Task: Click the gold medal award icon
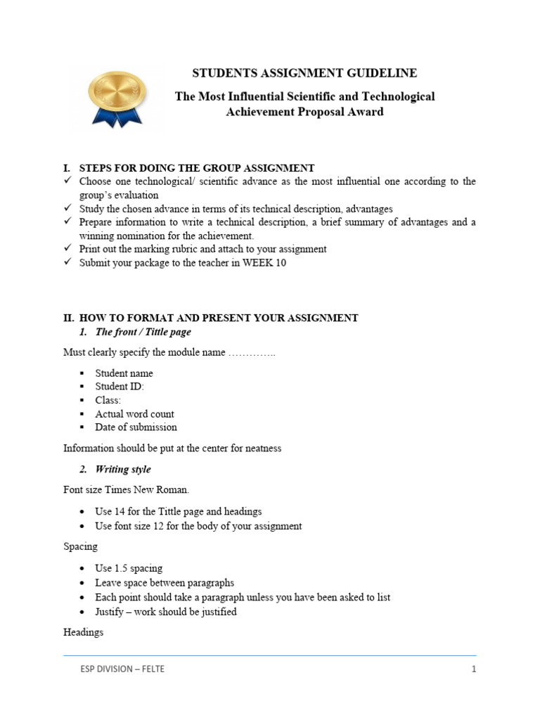pyautogui.click(x=117, y=97)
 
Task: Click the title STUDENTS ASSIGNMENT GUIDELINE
pyautogui.click(x=305, y=73)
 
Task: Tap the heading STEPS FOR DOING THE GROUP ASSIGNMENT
pyautogui.click(x=197, y=168)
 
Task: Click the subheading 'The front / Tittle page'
pyautogui.click(x=143, y=332)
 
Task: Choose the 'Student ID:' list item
pyautogui.click(x=120, y=387)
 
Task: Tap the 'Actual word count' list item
pyautogui.click(x=134, y=414)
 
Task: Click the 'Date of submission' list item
pyautogui.click(x=136, y=427)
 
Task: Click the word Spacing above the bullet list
pyautogui.click(x=81, y=546)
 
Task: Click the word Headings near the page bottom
pyautogui.click(x=83, y=632)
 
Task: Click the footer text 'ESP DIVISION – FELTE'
pyautogui.click(x=122, y=669)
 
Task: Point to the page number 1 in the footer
pyautogui.click(x=474, y=669)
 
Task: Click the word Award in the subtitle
pyautogui.click(x=368, y=112)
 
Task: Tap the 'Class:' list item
pyautogui.click(x=108, y=400)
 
